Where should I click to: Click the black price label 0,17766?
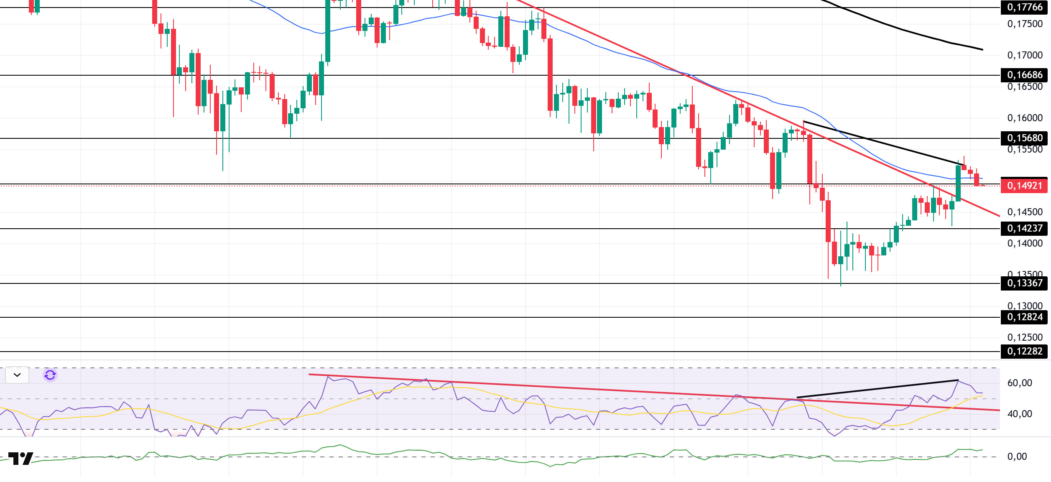[x=1024, y=8]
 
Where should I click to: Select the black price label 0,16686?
[x=1024, y=75]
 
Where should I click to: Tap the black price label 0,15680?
[x=1024, y=138]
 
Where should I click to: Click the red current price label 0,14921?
[x=1024, y=186]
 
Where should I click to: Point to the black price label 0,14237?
[x=1024, y=229]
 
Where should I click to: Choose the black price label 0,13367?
[x=1024, y=283]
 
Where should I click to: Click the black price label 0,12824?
[x=1024, y=317]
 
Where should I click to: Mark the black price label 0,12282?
[x=1024, y=352]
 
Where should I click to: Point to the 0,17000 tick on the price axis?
[x=1025, y=55]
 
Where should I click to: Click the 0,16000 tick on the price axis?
[x=1025, y=118]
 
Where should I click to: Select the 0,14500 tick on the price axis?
[x=1025, y=212]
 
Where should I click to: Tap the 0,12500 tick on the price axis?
[x=1025, y=337]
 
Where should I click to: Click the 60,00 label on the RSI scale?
[x=1019, y=383]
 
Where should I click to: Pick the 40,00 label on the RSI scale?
[x=1019, y=414]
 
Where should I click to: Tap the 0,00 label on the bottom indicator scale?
[x=1017, y=456]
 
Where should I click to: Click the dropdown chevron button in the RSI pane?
[x=17, y=375]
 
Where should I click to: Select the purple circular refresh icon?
[x=50, y=375]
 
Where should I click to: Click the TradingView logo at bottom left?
[x=20, y=459]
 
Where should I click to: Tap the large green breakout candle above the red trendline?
[x=958, y=183]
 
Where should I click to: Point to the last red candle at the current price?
[x=977, y=180]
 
